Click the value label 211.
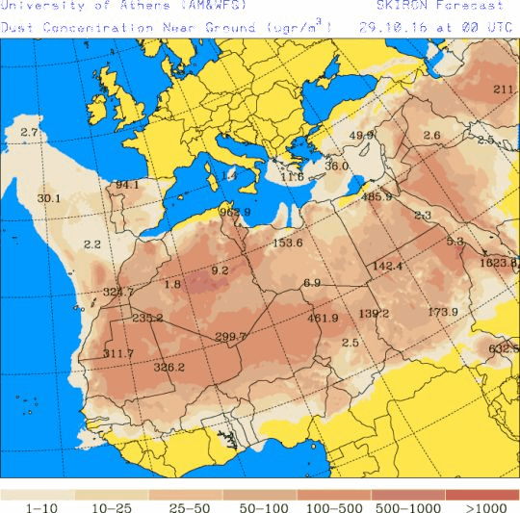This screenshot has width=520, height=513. point(505,90)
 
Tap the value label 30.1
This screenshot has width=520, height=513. point(49,199)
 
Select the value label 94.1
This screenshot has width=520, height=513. point(127,185)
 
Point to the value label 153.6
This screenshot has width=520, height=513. point(287,243)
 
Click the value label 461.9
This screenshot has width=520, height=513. point(323,319)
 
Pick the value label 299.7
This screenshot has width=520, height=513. point(231,336)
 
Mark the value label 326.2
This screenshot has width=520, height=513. point(169,367)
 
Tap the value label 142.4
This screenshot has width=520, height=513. point(386,266)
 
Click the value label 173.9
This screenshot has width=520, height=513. point(442,312)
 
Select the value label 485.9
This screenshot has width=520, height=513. point(377,197)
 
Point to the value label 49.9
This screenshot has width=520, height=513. point(362,136)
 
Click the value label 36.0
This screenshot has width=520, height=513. point(336,166)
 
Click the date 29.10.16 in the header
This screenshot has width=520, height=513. point(396,27)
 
